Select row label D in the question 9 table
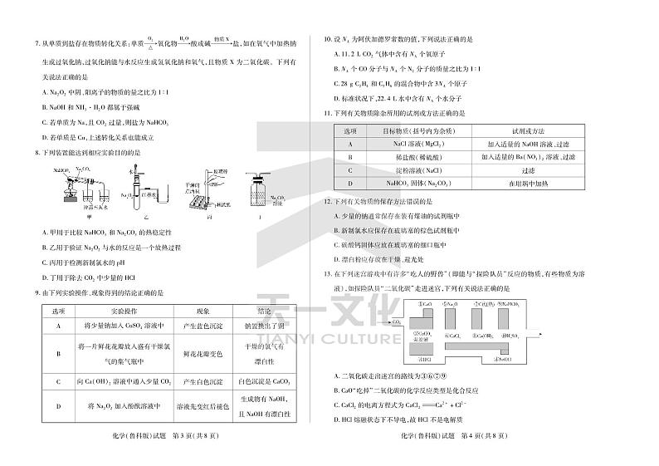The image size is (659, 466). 59,406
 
